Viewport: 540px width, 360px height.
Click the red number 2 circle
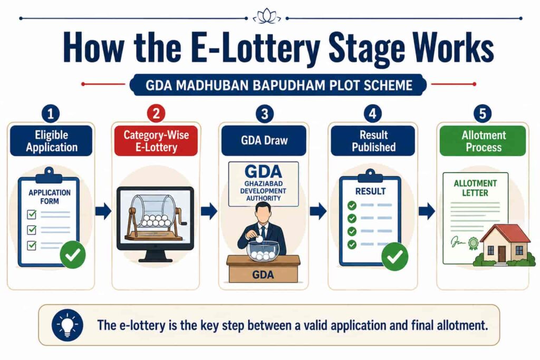pos(156,113)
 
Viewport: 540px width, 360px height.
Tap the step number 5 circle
pos(483,113)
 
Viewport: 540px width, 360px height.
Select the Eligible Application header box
pos(51,141)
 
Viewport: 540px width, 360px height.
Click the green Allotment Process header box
pos(483,141)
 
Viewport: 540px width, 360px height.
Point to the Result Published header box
pos(373,141)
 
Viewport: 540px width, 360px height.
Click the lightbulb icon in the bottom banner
pos(67,325)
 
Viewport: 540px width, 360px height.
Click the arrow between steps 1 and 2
pos(103,211)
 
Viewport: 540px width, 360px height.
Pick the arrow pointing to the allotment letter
pos(427,211)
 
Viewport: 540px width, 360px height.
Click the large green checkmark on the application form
pos(73,255)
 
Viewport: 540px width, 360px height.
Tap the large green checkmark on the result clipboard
pos(394,256)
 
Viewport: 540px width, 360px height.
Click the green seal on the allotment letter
pos(473,244)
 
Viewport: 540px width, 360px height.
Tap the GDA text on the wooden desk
pos(263,275)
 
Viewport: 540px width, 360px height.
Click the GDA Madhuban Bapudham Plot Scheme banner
pos(278,85)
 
